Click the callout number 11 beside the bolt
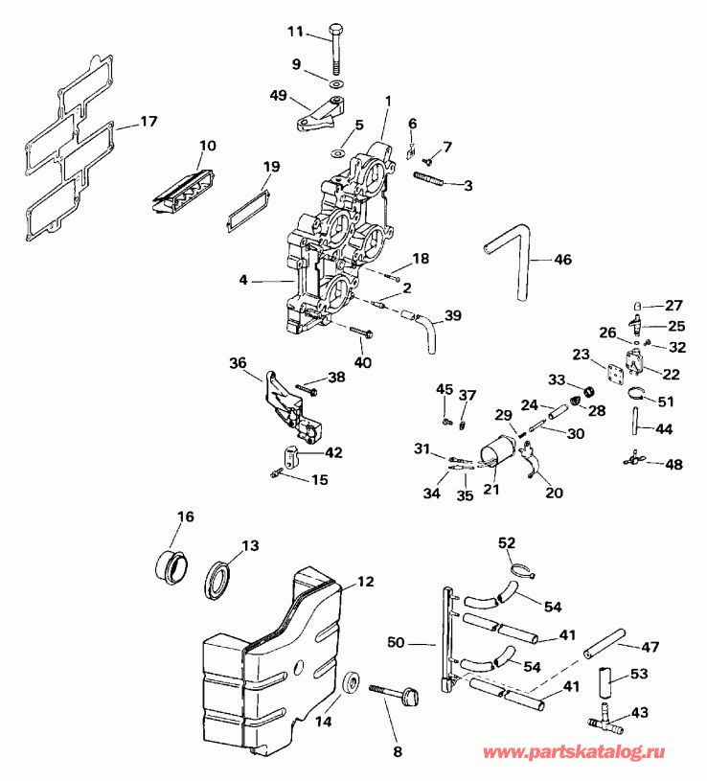click(295, 32)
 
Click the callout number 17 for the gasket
click(148, 122)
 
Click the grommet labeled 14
click(352, 684)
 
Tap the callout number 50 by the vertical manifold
click(397, 641)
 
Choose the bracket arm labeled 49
click(306, 119)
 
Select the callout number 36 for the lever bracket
click(238, 363)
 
